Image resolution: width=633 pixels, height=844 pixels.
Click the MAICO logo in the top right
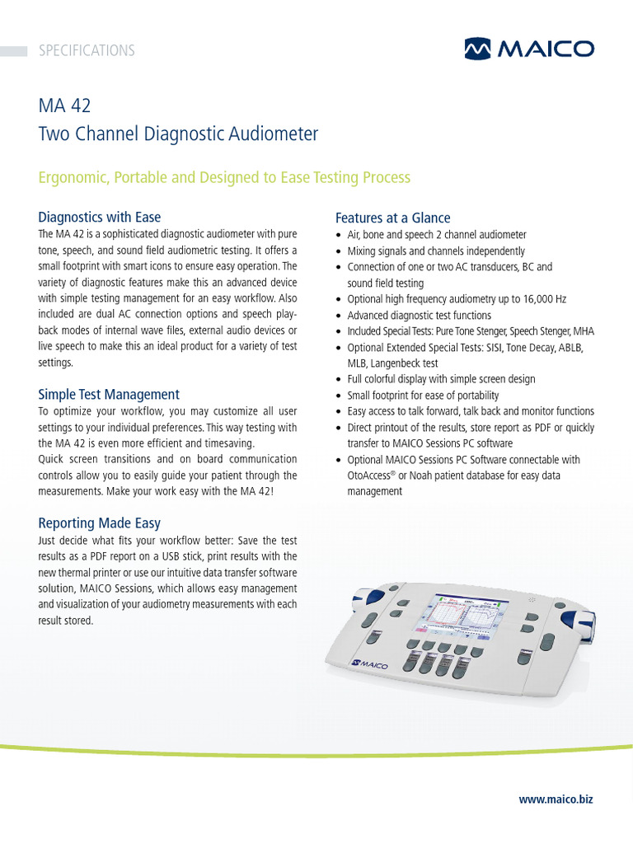pos(528,49)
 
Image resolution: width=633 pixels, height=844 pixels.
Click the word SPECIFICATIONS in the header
pos(87,50)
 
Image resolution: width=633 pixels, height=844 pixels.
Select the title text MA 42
pos(64,106)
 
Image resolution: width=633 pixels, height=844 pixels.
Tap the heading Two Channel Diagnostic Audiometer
pos(178,134)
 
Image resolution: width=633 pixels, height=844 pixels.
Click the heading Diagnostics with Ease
pos(100,217)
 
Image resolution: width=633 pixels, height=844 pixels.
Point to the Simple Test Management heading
pos(109,394)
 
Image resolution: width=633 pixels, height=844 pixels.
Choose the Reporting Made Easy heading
pos(100,523)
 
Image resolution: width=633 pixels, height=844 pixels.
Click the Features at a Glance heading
pos(392,218)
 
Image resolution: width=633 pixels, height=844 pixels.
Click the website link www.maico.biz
pos(556,799)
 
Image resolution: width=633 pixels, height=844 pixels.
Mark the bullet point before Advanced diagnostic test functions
pos(340,316)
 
